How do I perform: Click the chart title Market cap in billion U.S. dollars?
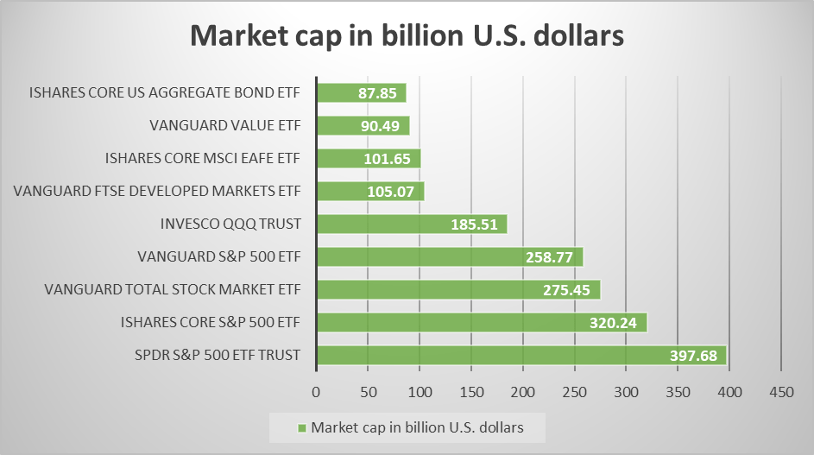407,37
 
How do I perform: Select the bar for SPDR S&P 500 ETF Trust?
521,356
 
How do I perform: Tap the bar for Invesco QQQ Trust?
412,224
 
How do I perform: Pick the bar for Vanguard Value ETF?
363,126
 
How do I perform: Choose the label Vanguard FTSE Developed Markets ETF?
157,191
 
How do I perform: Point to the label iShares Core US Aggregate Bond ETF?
165,92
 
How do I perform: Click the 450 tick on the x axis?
781,392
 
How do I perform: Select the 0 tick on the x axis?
317,392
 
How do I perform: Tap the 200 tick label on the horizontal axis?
523,392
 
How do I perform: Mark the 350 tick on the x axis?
678,392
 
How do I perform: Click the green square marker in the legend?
301,427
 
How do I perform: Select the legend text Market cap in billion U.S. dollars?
417,427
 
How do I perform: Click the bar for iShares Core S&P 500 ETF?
482,323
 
